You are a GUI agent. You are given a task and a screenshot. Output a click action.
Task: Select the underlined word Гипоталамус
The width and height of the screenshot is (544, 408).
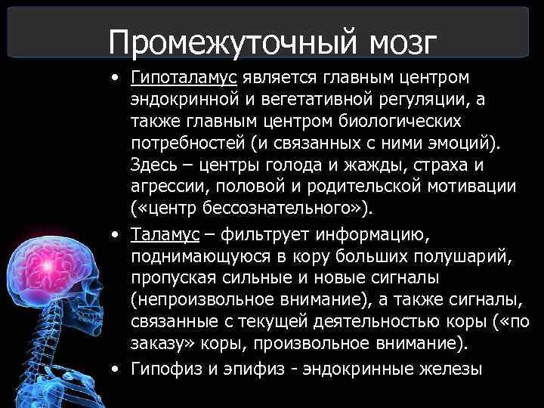pos(184,78)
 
